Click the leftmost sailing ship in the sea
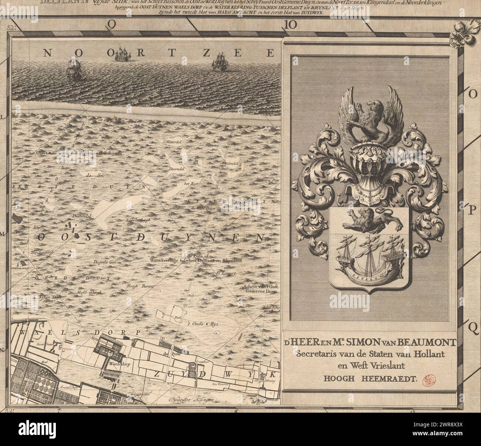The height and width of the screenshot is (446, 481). tap(74, 70)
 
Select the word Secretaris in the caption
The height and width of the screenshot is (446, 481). tap(314, 353)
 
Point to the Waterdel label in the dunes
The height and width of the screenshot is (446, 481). tap(173, 142)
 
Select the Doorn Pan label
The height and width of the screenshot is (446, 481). tap(269, 180)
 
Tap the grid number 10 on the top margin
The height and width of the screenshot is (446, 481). tap(291, 24)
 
